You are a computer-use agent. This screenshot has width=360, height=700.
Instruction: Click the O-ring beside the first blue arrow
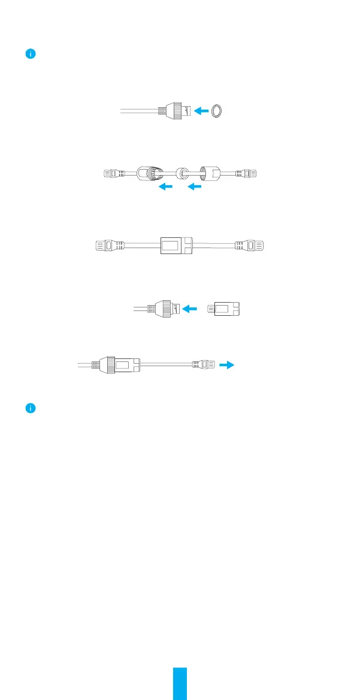221,110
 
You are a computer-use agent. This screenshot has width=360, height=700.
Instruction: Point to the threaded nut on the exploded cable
150,174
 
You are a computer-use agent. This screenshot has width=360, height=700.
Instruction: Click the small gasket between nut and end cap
183,174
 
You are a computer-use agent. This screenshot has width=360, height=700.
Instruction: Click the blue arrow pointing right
226,364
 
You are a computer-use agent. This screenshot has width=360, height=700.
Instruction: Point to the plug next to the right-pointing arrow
203,364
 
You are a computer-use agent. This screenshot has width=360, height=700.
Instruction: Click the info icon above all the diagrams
31,54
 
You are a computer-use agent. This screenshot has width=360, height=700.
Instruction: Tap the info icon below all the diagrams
31,408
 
